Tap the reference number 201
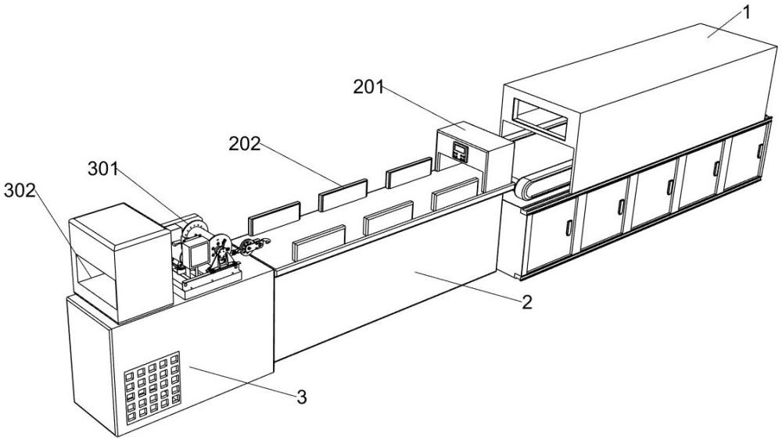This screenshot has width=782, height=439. pos(368,87)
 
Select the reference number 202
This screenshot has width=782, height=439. pos(245,144)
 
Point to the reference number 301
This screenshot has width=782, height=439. pos(102,170)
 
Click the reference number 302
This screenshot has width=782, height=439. pos(20,190)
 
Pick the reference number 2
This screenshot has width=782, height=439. pos(526,302)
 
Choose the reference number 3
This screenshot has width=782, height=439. pos(301,397)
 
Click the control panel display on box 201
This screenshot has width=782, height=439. pos(460,151)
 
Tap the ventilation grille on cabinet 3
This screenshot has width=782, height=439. pos(152,388)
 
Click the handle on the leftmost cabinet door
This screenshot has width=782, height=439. pos(568,228)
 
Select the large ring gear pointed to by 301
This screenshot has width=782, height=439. pos(195,230)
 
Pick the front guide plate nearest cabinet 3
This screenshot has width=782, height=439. pos(319,242)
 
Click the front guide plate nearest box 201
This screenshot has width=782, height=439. pos(455,194)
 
